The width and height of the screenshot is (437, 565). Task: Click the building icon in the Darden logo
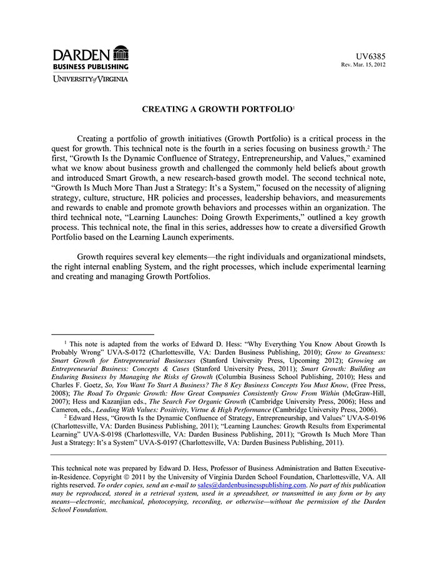[x=121, y=53]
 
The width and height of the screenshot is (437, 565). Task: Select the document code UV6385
[x=371, y=56]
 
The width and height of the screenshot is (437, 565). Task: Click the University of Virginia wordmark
[x=90, y=79]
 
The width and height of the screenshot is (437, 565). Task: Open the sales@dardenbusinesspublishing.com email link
[x=252, y=485]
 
